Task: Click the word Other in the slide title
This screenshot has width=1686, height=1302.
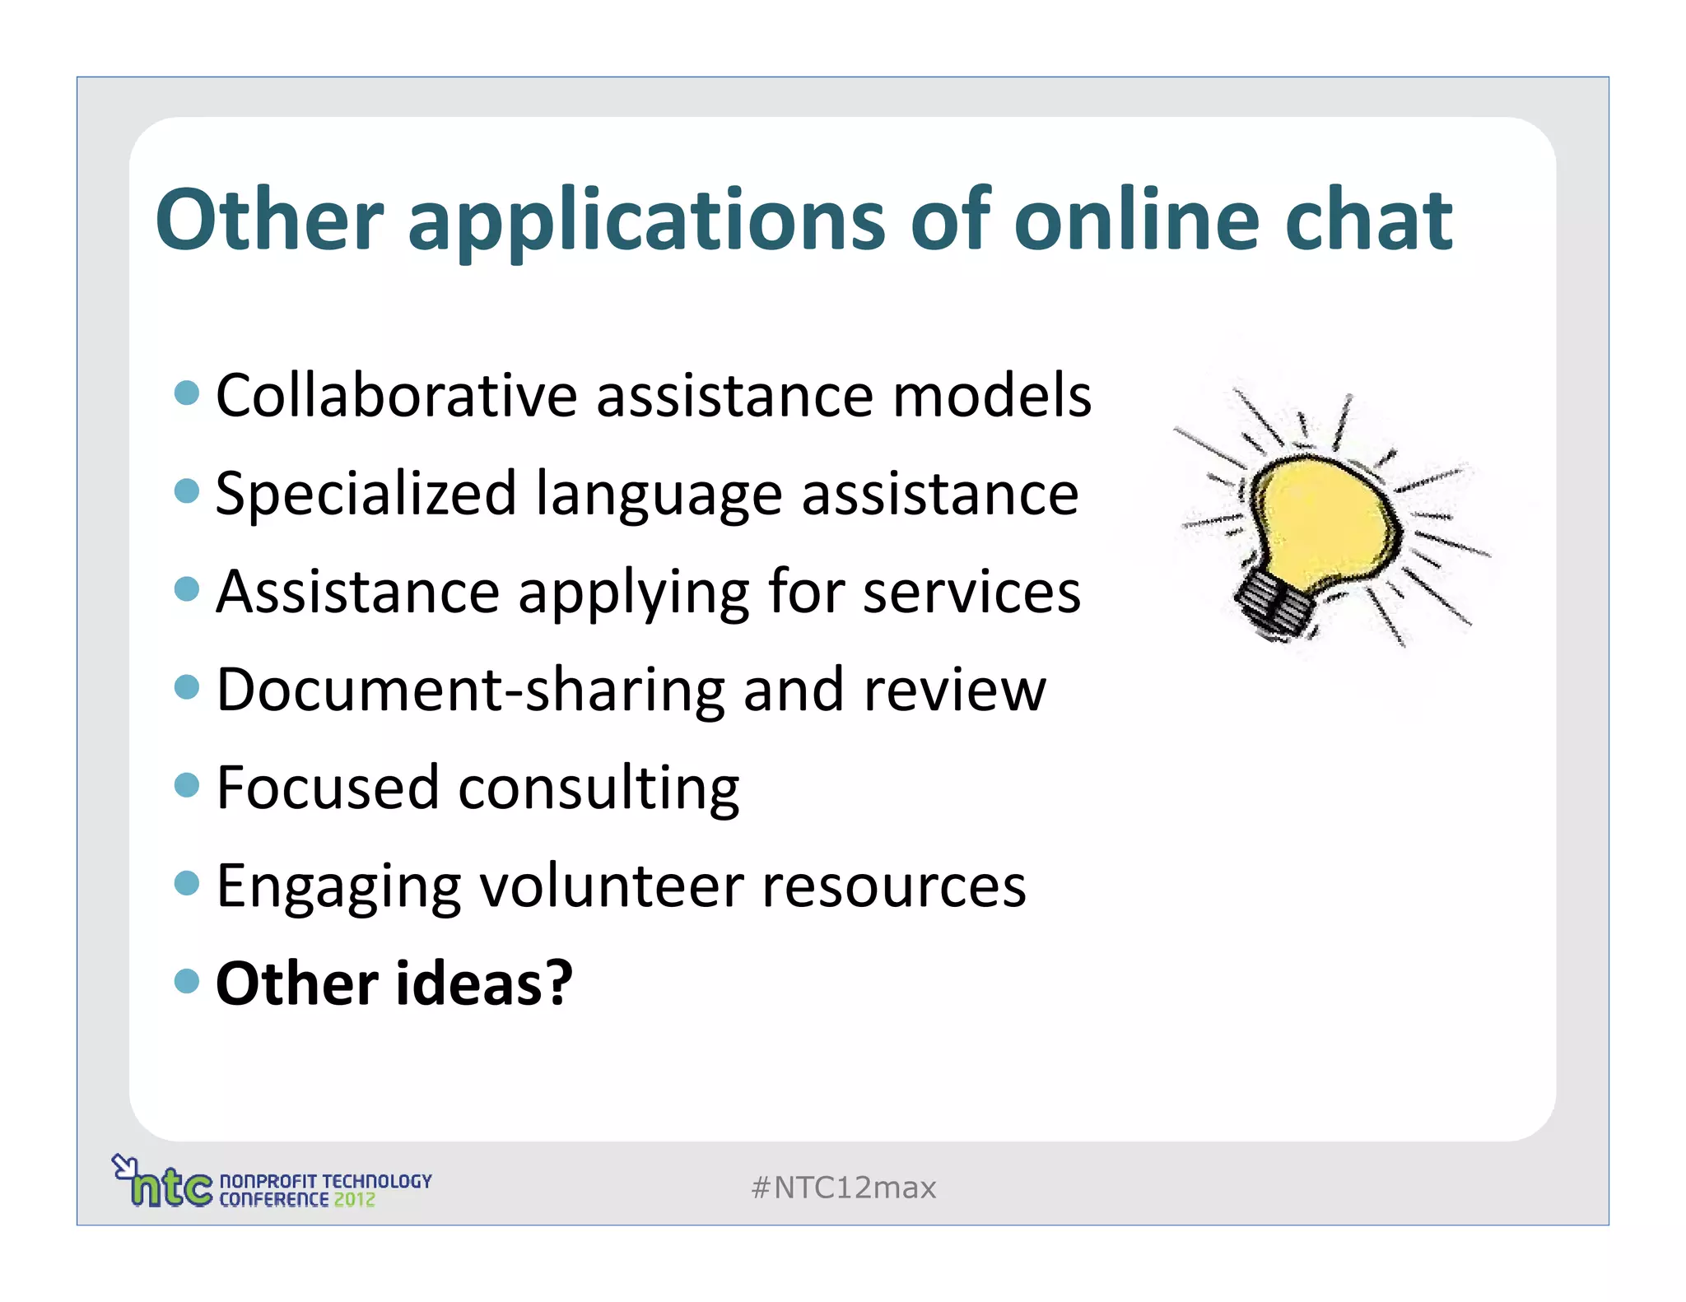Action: (270, 220)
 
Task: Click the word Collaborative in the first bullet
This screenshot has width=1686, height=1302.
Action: (396, 396)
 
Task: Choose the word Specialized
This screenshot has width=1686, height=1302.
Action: (366, 494)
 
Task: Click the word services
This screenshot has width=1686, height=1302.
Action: (971, 592)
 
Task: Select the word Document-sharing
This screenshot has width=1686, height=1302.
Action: (470, 690)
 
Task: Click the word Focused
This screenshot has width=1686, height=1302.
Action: (327, 788)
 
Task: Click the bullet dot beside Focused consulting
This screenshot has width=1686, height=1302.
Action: (188, 784)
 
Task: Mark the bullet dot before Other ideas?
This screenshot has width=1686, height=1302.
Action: (188, 980)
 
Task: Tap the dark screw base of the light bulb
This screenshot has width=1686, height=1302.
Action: (1273, 605)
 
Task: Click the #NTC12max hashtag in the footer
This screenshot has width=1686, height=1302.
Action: (844, 1188)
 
